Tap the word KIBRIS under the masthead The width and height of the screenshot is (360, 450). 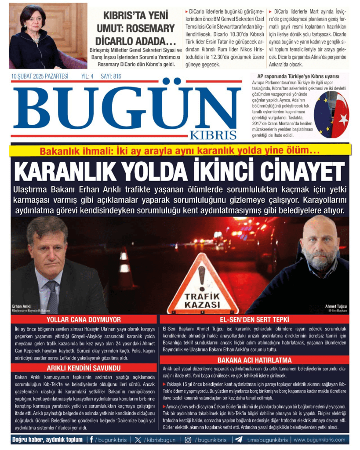point(213,135)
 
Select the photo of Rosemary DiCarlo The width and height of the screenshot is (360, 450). point(48,36)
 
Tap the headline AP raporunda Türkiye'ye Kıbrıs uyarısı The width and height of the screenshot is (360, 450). point(298,76)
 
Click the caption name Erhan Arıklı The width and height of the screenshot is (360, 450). point(22,306)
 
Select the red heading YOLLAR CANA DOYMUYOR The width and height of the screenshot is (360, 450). point(84,319)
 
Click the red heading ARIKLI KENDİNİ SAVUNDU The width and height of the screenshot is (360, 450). point(84,368)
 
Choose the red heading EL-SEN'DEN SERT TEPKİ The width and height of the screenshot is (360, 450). point(255,319)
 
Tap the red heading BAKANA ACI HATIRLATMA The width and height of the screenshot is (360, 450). point(255,360)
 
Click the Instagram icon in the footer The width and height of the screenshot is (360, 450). point(188,439)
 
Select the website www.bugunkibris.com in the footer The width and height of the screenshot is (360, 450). point(319,439)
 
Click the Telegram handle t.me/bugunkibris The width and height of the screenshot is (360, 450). point(267,439)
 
